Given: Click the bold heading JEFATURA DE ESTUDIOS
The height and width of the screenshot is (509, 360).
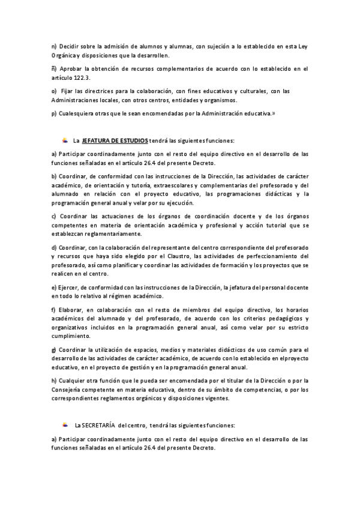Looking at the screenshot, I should coord(115,140).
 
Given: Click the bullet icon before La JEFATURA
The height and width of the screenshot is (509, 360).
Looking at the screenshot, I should coord(65,140).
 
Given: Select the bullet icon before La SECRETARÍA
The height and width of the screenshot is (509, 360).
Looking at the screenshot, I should coord(65,425).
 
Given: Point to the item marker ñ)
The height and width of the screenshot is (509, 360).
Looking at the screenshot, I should coord(55,69).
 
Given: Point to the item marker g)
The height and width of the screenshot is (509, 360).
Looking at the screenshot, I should coord(55,349).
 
